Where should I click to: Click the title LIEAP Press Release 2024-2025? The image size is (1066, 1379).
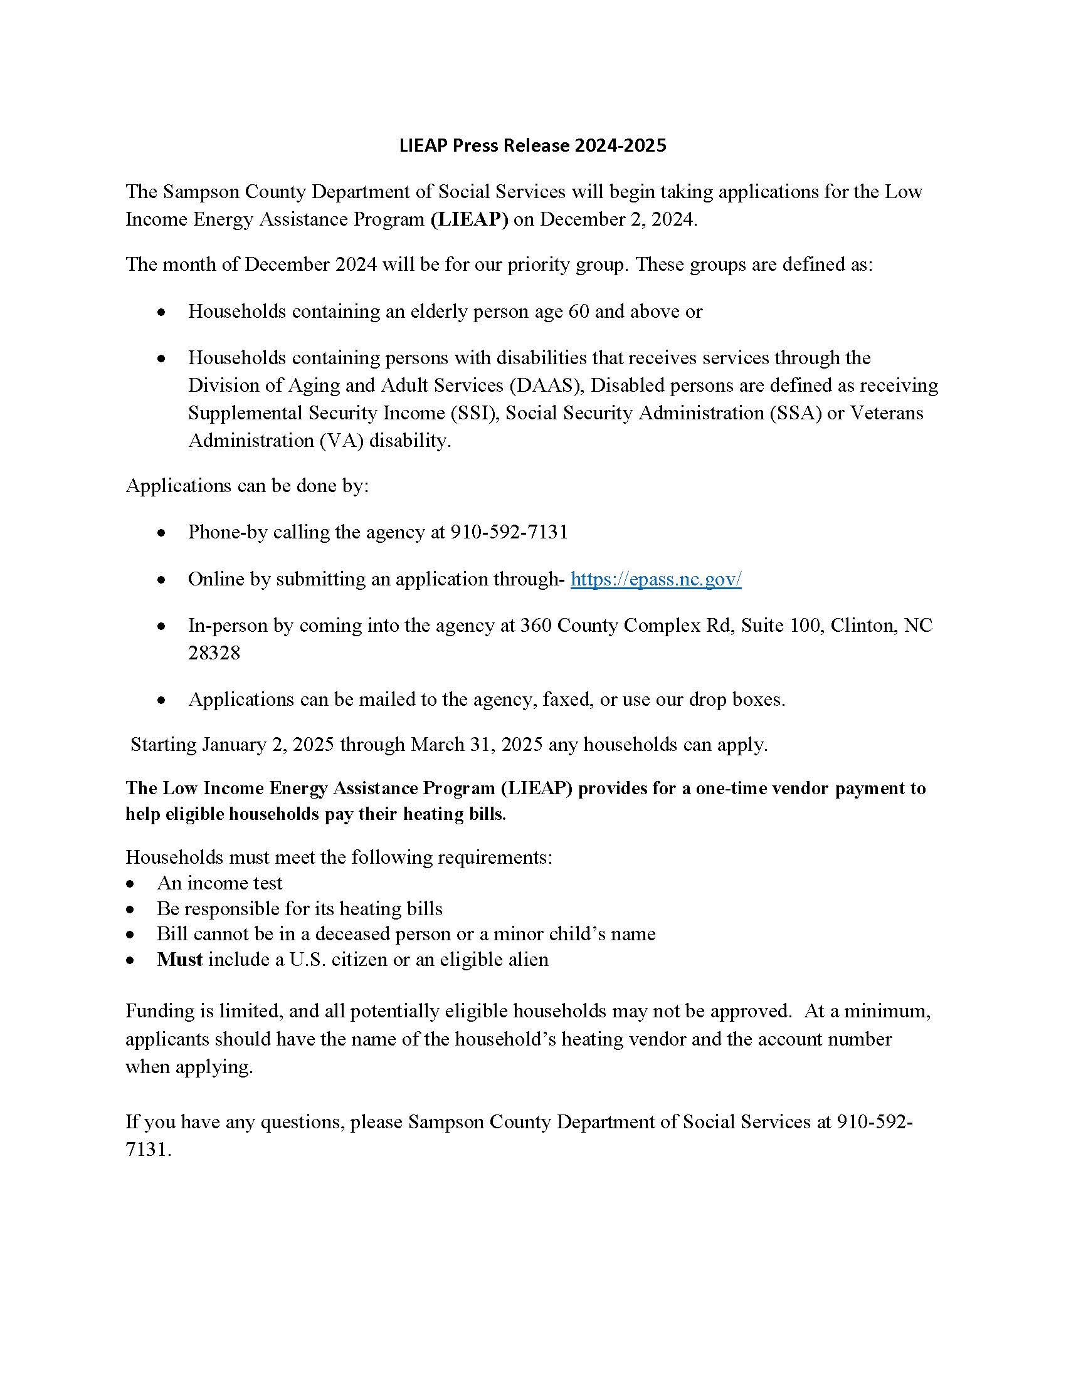[x=532, y=146]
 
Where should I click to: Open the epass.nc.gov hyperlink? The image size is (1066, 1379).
[x=655, y=579]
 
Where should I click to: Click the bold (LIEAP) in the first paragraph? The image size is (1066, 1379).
[x=469, y=219]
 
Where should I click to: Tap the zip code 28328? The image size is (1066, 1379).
[x=214, y=653]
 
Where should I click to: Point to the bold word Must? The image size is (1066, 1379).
[x=179, y=959]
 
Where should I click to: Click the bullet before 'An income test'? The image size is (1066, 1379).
[x=130, y=884]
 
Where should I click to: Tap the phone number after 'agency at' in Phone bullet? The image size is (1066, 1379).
[x=509, y=532]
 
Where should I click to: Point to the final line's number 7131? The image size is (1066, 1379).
[x=148, y=1149]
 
